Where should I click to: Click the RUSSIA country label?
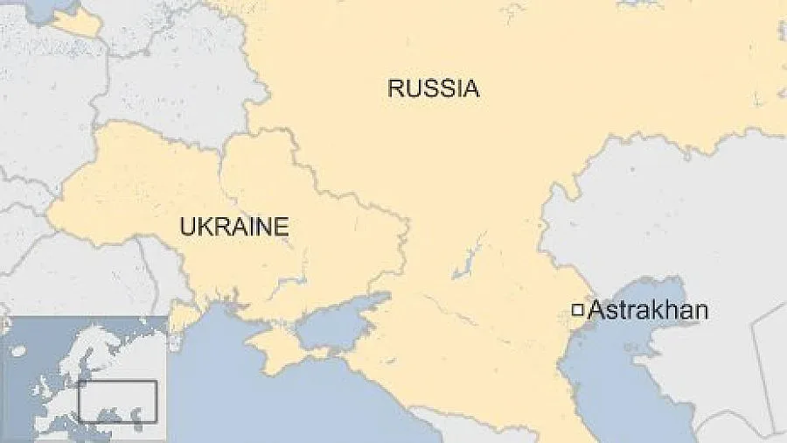(434, 88)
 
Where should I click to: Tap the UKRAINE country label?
(233, 227)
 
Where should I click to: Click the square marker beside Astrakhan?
(577, 309)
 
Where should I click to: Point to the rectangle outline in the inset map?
(118, 401)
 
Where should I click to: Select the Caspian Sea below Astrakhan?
(612, 368)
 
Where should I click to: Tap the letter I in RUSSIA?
(456, 88)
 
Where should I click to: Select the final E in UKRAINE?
(281, 227)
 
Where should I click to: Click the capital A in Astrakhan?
(596, 310)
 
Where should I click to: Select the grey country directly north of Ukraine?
(175, 88)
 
